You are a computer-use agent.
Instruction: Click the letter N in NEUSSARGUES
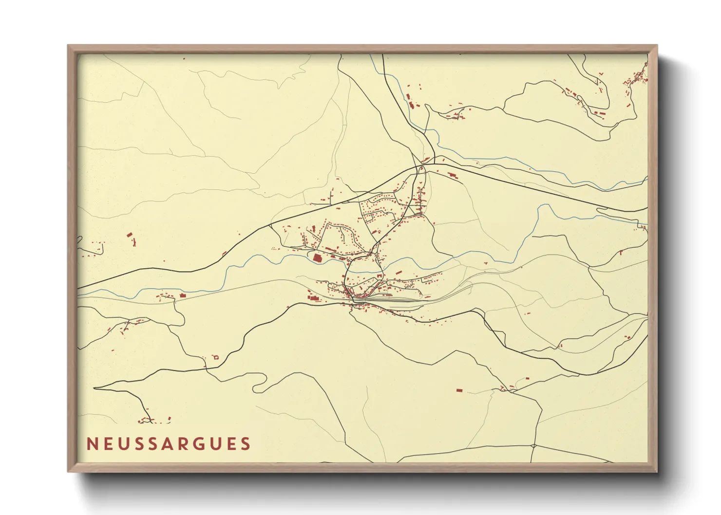point(92,444)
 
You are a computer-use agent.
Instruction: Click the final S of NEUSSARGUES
point(246,444)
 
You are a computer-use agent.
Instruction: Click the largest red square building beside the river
point(318,258)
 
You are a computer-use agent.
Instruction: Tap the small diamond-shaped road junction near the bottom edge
point(534,446)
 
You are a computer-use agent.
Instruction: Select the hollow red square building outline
point(216,358)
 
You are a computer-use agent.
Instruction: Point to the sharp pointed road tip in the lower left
point(95,388)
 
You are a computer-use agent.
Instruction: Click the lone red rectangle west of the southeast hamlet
point(459,390)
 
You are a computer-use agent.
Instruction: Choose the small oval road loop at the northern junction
point(422,170)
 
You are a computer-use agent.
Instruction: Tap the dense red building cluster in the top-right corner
point(637,78)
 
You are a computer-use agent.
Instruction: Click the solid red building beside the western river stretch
point(183,295)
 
